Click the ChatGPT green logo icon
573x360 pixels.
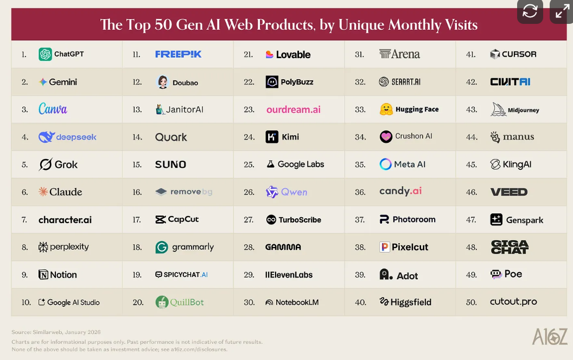(x=45, y=54)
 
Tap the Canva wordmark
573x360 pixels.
(x=53, y=109)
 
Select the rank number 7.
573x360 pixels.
(x=24, y=220)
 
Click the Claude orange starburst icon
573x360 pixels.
(x=43, y=192)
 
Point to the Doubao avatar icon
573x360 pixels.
(x=162, y=82)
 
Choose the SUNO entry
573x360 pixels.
(x=170, y=165)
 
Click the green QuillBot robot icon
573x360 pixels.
(x=162, y=302)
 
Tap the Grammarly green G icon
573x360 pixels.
(x=162, y=247)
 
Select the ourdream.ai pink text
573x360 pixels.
(x=293, y=110)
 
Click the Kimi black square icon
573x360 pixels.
(x=272, y=137)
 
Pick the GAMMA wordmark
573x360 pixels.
(x=283, y=247)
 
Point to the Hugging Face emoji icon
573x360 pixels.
(x=386, y=109)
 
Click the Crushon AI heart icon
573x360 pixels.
(x=386, y=137)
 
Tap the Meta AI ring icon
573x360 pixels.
(x=386, y=165)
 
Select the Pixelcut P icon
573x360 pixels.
(x=385, y=247)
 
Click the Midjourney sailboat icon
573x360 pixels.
(x=498, y=109)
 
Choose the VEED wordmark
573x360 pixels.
(x=508, y=192)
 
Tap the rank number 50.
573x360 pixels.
(x=471, y=302)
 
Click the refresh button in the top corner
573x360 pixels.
(x=530, y=11)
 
